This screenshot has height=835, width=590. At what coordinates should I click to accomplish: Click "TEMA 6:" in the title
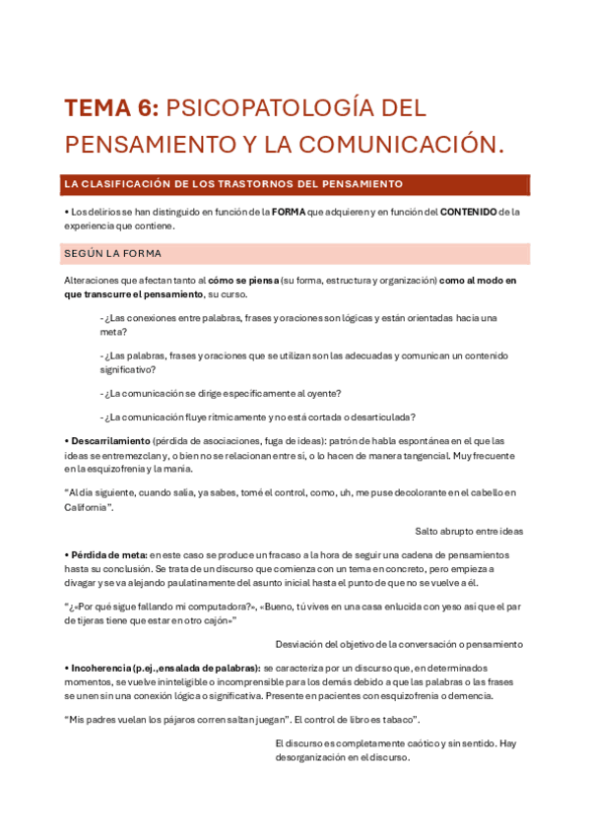[x=110, y=107]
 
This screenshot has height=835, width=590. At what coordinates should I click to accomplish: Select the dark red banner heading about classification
[x=233, y=184]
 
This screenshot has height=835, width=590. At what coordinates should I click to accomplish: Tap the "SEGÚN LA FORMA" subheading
[x=112, y=253]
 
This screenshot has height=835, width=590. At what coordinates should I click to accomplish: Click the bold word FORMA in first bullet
[x=289, y=212]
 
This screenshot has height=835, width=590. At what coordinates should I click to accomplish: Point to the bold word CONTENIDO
[x=468, y=212]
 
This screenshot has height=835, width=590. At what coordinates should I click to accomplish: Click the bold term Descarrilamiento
[x=107, y=440]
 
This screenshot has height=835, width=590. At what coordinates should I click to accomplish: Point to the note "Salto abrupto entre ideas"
[x=469, y=531]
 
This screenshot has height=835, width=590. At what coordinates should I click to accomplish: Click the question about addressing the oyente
[x=221, y=393]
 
